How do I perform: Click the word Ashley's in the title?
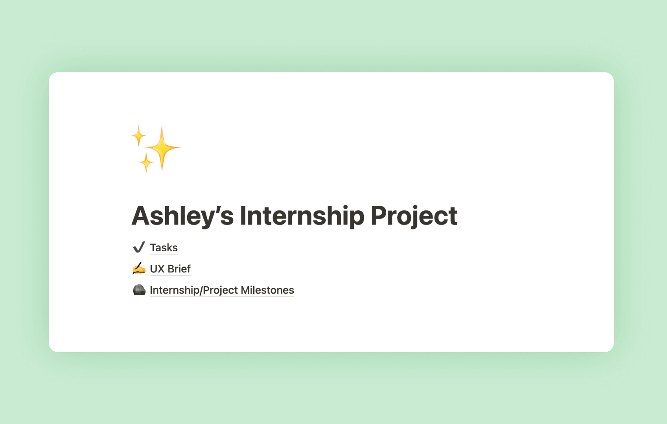pyautogui.click(x=182, y=216)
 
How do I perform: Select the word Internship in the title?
pyautogui.click(x=302, y=216)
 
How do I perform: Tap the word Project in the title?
pyautogui.click(x=414, y=216)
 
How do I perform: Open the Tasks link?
pyautogui.click(x=164, y=248)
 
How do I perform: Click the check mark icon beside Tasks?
pyautogui.click(x=139, y=247)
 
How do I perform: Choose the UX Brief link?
pyautogui.click(x=170, y=269)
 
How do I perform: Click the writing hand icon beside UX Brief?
pyautogui.click(x=139, y=268)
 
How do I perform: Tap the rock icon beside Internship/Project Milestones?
pyautogui.click(x=139, y=290)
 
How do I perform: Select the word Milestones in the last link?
pyautogui.click(x=267, y=290)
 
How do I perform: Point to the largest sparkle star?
pyautogui.click(x=162, y=148)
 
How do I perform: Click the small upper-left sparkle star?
pyautogui.click(x=138, y=136)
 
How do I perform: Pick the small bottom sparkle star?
pyautogui.click(x=146, y=163)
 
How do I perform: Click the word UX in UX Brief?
pyautogui.click(x=157, y=269)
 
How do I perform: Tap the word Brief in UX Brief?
pyautogui.click(x=179, y=269)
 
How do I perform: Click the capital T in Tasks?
pyautogui.click(x=154, y=248)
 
